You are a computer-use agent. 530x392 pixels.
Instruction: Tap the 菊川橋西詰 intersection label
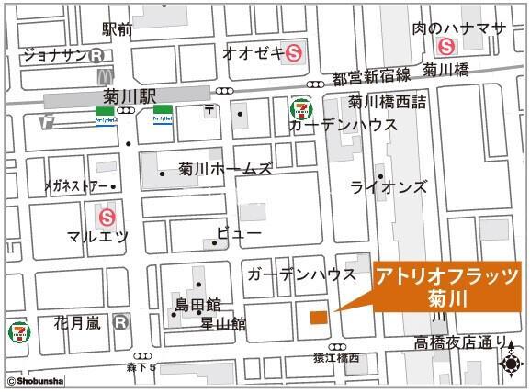pyautogui.click(x=387, y=102)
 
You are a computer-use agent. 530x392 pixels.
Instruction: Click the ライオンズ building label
pyautogui.click(x=389, y=187)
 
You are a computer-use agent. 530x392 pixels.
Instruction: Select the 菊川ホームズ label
pyautogui.click(x=226, y=169)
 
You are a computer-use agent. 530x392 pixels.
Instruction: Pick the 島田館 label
pyautogui.click(x=197, y=304)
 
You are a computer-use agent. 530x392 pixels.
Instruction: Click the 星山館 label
pyautogui.click(x=223, y=323)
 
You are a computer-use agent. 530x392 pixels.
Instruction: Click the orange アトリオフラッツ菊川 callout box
pyautogui.click(x=447, y=286)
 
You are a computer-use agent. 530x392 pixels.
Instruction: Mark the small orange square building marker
pyautogui.click(x=318, y=318)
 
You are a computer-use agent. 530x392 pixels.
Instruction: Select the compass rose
pyautogui.click(x=511, y=362)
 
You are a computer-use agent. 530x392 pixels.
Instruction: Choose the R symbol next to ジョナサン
pyautogui.click(x=97, y=54)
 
